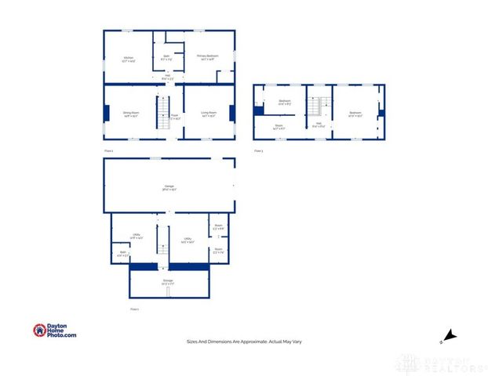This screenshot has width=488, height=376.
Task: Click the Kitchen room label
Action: point(128,58)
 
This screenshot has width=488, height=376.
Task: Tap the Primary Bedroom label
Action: point(208,57)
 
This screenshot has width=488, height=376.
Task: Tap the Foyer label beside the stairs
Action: point(175,117)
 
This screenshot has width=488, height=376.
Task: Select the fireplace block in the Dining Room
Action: point(107,113)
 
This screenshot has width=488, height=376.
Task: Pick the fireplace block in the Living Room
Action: point(231,113)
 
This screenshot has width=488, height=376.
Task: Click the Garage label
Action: point(169,188)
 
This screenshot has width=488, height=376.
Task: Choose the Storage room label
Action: point(168,280)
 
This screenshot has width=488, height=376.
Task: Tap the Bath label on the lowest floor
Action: point(123,253)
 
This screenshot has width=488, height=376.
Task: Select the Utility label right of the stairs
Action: point(188,240)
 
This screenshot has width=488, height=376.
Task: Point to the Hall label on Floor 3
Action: point(319,123)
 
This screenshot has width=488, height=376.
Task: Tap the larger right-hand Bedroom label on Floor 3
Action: point(355,114)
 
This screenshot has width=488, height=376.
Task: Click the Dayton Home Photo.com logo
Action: point(55,331)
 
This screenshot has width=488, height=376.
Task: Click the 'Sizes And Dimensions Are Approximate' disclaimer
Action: point(243,342)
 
